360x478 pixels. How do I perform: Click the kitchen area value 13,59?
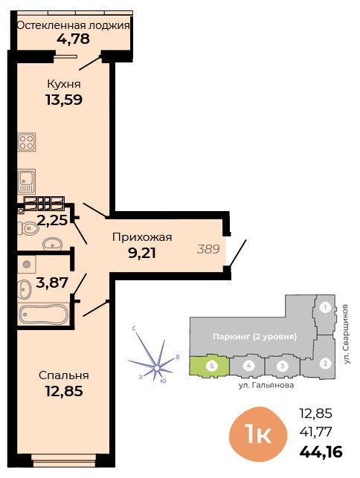click(64, 100)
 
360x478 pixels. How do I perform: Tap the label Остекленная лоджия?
click(73, 25)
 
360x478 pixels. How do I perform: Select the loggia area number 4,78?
click(73, 39)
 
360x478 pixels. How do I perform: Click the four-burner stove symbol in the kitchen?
click(27, 142)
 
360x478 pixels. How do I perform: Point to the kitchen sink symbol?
click(27, 181)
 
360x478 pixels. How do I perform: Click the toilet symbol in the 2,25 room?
click(27, 228)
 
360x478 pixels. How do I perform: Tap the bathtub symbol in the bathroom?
click(44, 314)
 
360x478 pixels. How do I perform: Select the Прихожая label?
click(142, 237)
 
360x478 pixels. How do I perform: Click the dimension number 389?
click(208, 249)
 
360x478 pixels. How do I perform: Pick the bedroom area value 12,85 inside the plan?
click(64, 391)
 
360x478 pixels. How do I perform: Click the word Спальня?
click(64, 375)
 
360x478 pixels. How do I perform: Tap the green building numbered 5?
click(209, 366)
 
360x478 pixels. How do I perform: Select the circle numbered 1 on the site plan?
click(326, 307)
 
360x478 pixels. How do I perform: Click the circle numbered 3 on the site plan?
click(283, 366)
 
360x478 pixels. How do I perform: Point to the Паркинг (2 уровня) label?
click(254, 337)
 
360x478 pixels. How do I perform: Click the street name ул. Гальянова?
click(266, 385)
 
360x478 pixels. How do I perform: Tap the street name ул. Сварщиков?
click(346, 334)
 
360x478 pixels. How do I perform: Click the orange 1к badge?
click(258, 434)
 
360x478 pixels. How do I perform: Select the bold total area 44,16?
click(321, 452)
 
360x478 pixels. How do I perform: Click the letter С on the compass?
click(134, 329)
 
